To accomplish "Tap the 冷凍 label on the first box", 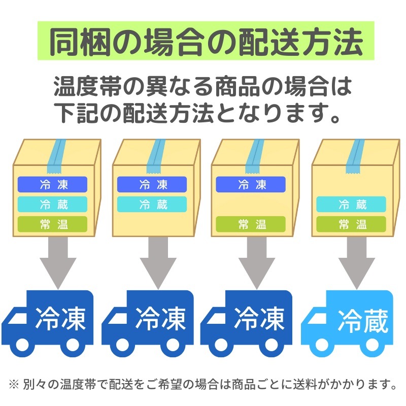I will [52, 184].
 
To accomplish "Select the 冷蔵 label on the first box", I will [52, 204].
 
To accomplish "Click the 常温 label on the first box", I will [52, 224].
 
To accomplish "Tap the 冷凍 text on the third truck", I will [259, 319].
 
